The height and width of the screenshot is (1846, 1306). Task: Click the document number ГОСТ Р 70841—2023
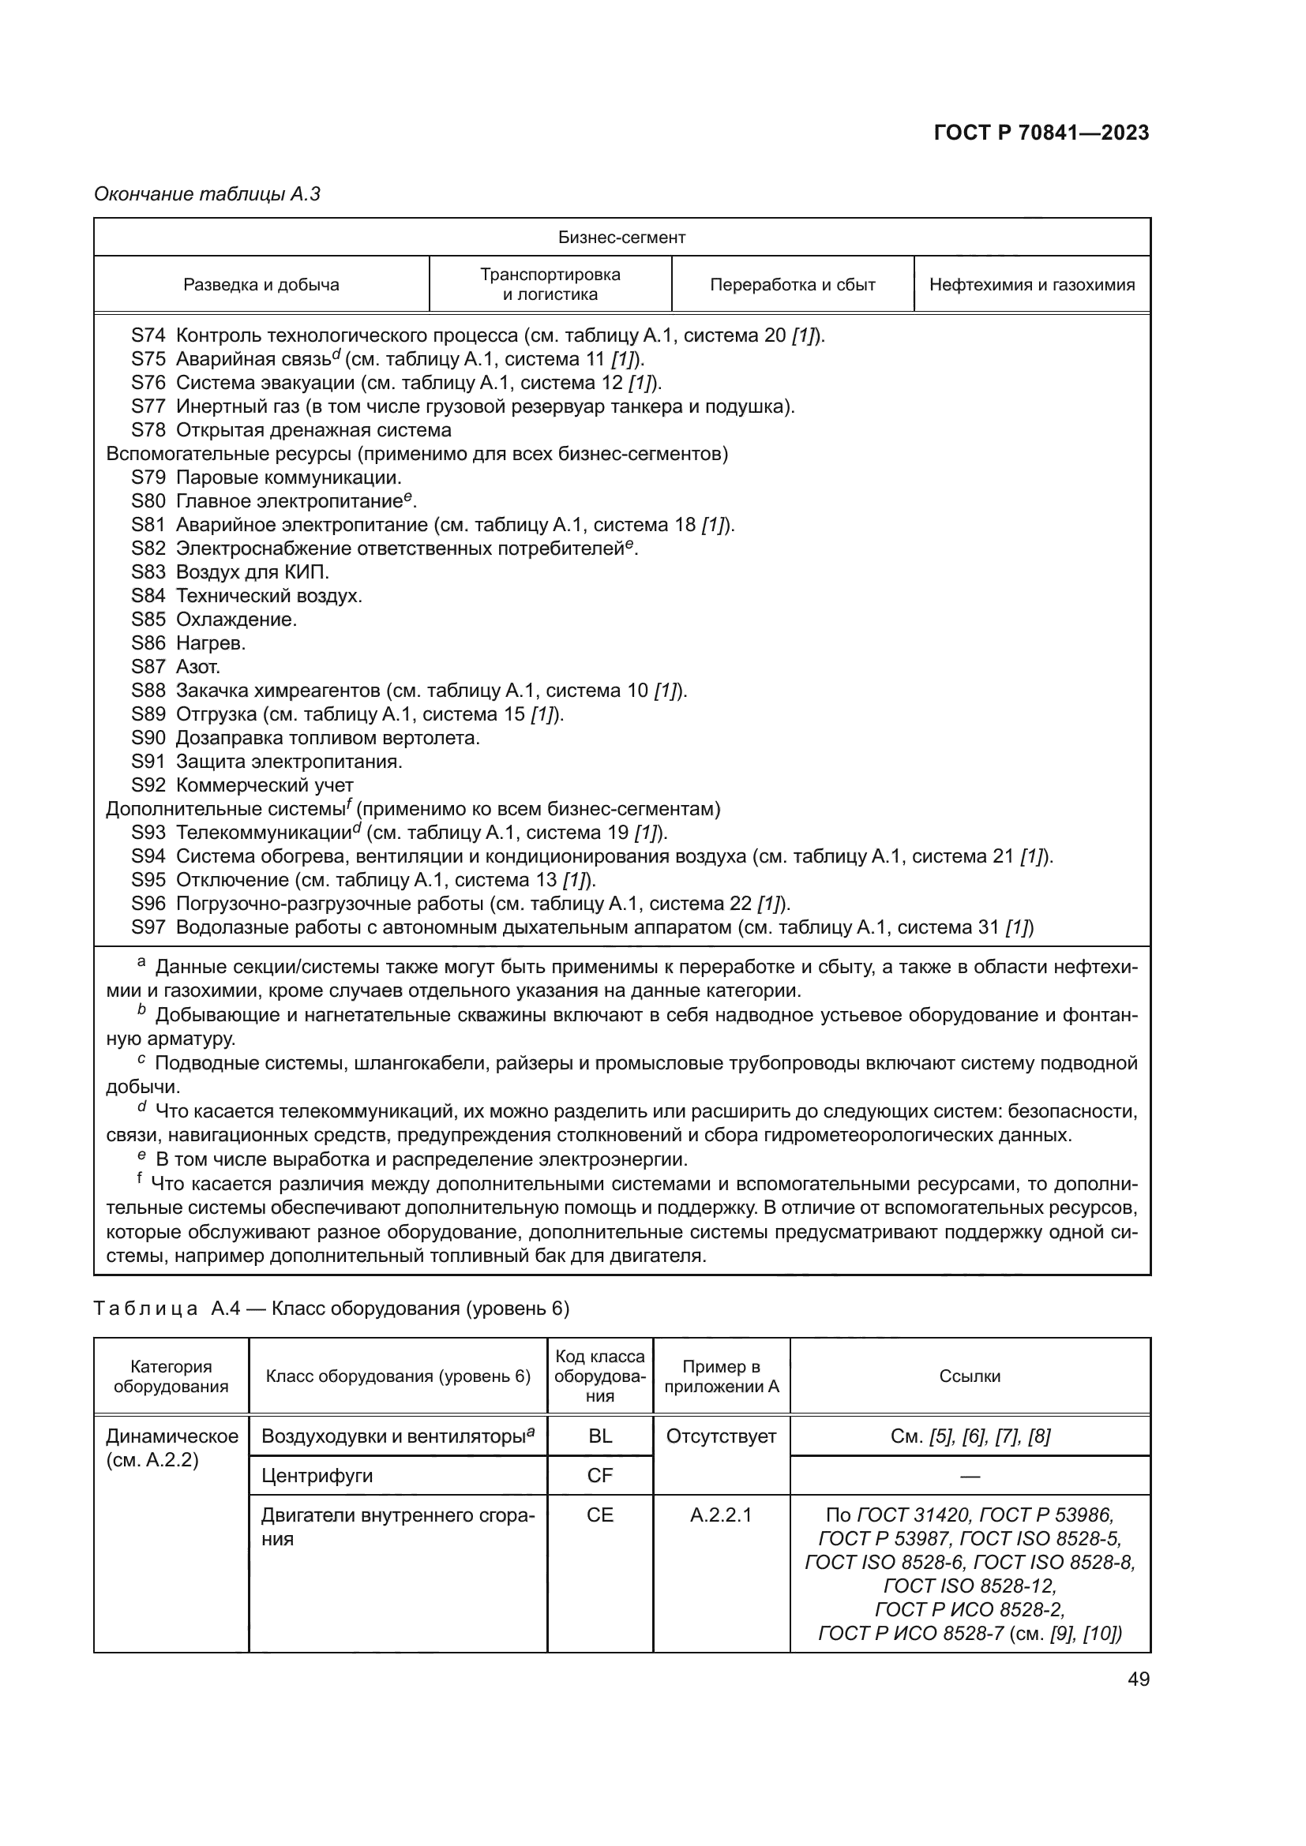tap(1041, 133)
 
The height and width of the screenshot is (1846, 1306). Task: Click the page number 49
tap(1138, 1679)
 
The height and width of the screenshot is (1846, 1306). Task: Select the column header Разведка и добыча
tap(261, 285)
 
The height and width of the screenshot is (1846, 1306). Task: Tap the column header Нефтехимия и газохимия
tap(1032, 285)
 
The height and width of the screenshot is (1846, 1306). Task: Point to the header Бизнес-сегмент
tap(621, 238)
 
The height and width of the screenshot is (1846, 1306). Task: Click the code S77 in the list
tap(148, 406)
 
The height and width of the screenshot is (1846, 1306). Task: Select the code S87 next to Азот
tap(148, 667)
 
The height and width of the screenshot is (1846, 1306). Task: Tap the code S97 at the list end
tap(148, 927)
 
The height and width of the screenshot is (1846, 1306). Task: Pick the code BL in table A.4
tap(600, 1436)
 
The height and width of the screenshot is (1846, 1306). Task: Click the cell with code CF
tap(600, 1475)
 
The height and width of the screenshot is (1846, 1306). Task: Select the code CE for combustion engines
tap(600, 1515)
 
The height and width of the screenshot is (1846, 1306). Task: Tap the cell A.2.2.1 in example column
tap(721, 1515)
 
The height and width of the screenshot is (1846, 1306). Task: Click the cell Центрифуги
tap(317, 1475)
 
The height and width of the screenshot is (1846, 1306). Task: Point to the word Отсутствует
tap(721, 1436)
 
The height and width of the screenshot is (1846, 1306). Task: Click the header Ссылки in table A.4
tap(969, 1376)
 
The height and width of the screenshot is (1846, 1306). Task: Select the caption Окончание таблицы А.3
tap(208, 194)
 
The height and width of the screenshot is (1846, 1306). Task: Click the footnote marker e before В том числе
tap(141, 1156)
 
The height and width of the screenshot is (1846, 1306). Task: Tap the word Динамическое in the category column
tap(172, 1436)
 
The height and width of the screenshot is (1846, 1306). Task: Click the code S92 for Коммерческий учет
tap(148, 784)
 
